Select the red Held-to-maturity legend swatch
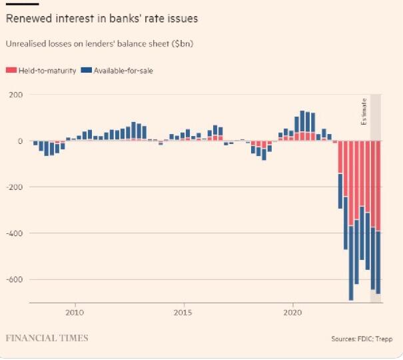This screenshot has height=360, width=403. pyautogui.click(x=10, y=70)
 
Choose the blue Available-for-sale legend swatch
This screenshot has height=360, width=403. pyautogui.click(x=85, y=70)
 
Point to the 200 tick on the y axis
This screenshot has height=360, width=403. pyautogui.click(x=16, y=95)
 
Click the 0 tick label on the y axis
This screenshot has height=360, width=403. pyautogui.click(x=20, y=141)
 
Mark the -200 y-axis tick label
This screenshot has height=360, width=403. pyautogui.click(x=15, y=187)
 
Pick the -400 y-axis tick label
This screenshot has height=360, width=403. pyautogui.click(x=15, y=233)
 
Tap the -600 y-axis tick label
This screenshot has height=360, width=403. pyautogui.click(x=15, y=279)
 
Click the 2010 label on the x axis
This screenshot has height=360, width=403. pyautogui.click(x=75, y=312)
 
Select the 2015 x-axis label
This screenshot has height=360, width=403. pyautogui.click(x=183, y=312)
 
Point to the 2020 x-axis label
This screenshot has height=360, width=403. pyautogui.click(x=294, y=312)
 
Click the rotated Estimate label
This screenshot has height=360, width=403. pyautogui.click(x=364, y=112)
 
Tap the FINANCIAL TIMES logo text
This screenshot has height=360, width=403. pyautogui.click(x=47, y=338)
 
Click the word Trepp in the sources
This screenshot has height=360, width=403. pyautogui.click(x=384, y=339)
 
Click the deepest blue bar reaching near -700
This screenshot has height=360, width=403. pyautogui.click(x=351, y=267)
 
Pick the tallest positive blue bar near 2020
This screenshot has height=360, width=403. pyautogui.click(x=302, y=121)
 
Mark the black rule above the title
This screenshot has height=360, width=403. pyautogui.click(x=17, y=3)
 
